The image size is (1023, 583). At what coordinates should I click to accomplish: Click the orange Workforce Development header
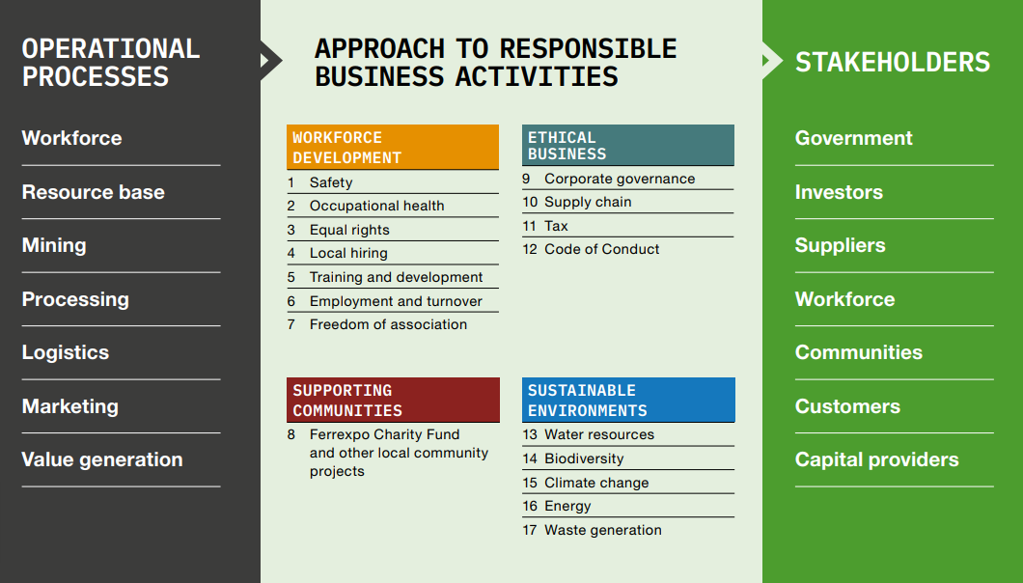[x=393, y=147]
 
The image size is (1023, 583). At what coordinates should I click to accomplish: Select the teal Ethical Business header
[x=628, y=145]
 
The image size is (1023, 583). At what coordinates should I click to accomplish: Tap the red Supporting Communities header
[x=393, y=400]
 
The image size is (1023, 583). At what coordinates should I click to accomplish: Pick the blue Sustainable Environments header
[x=628, y=400]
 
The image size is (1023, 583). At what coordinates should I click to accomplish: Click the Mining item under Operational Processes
[x=54, y=245]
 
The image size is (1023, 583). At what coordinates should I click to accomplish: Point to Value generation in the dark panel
[x=102, y=459]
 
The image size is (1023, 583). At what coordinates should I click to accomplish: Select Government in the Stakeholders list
[x=853, y=138]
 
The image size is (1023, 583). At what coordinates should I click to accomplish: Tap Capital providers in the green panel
[x=877, y=459]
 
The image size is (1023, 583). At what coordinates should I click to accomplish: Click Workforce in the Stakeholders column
[x=844, y=299]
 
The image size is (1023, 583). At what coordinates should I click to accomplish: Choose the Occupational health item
[x=377, y=206]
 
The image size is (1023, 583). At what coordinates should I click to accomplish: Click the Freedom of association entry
[x=388, y=324]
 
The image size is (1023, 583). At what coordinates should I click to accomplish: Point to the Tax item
[x=556, y=226]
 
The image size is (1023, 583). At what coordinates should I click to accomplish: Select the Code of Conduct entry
[x=601, y=249]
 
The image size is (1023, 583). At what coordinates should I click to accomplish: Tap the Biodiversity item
[x=584, y=458]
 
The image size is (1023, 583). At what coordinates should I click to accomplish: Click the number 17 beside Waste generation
[x=530, y=530]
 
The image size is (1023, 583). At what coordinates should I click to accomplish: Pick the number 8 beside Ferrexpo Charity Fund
[x=291, y=434]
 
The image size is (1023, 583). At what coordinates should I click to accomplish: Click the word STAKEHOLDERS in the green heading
[x=893, y=63]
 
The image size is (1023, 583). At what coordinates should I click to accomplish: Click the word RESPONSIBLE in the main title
[x=588, y=49]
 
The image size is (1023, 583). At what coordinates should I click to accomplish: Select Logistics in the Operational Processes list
[x=66, y=352]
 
